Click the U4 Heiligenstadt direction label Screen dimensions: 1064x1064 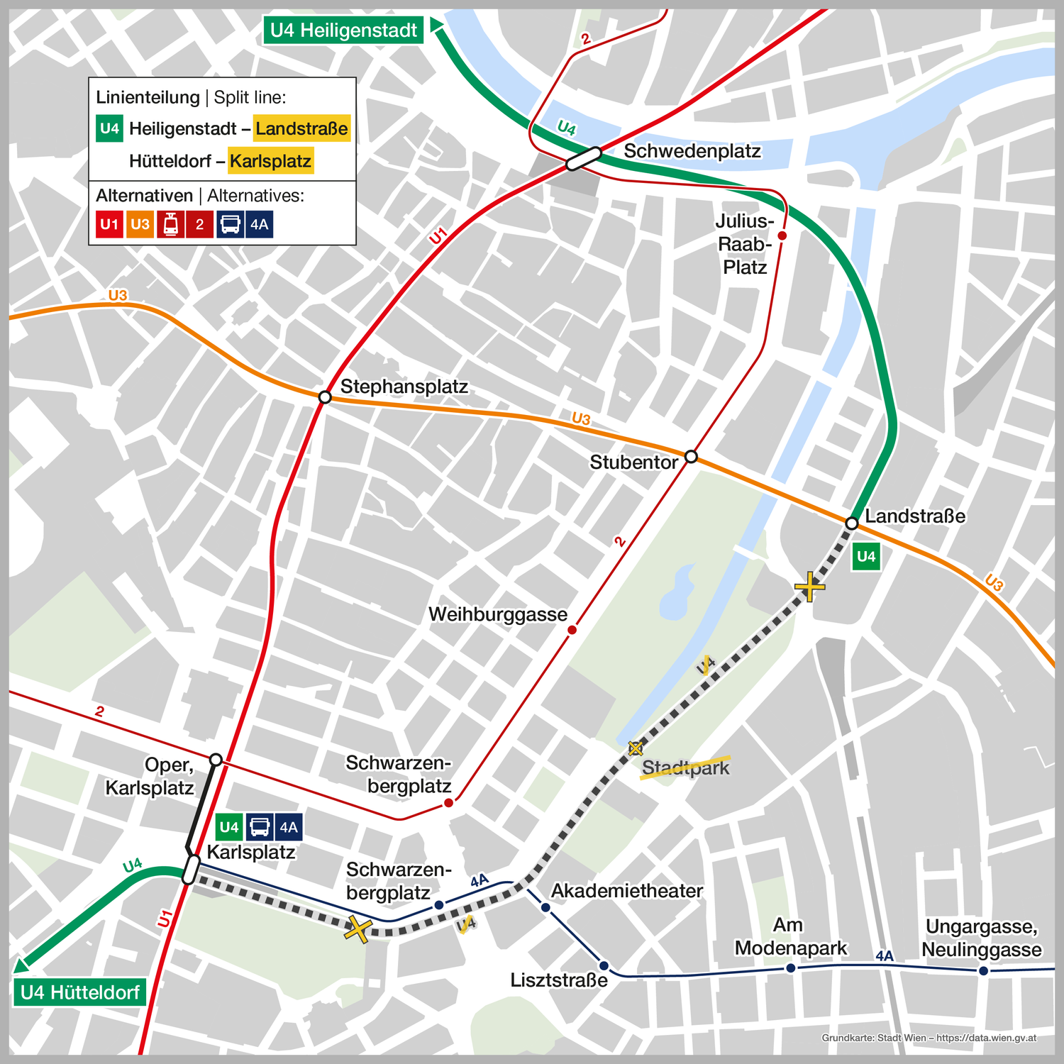pos(343,31)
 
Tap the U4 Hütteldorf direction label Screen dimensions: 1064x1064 pos(79,992)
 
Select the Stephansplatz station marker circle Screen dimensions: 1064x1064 pos(325,397)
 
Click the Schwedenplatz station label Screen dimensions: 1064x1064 pos(692,151)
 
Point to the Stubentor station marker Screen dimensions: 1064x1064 pos(691,456)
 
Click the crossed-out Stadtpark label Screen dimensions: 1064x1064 pos(685,767)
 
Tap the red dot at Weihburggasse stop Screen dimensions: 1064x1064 pos(572,630)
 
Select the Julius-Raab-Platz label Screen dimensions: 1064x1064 pos(744,244)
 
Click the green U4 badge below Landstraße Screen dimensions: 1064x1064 pos(866,557)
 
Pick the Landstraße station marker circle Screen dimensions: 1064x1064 pos(852,523)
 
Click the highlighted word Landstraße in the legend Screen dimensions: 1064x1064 pos(301,128)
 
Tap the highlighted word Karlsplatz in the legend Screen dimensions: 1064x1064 pos(270,161)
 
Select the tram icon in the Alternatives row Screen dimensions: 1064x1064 pos(170,225)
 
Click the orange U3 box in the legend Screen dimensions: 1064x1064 pos(140,225)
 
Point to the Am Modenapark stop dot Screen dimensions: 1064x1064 pos(791,968)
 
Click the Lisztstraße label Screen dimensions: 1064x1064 pos(559,980)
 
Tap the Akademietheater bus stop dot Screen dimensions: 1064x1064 pos(545,907)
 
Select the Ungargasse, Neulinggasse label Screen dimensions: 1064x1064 pos(981,938)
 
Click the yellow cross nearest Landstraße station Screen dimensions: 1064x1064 pos(809,587)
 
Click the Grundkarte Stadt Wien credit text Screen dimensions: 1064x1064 pos(929,1038)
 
